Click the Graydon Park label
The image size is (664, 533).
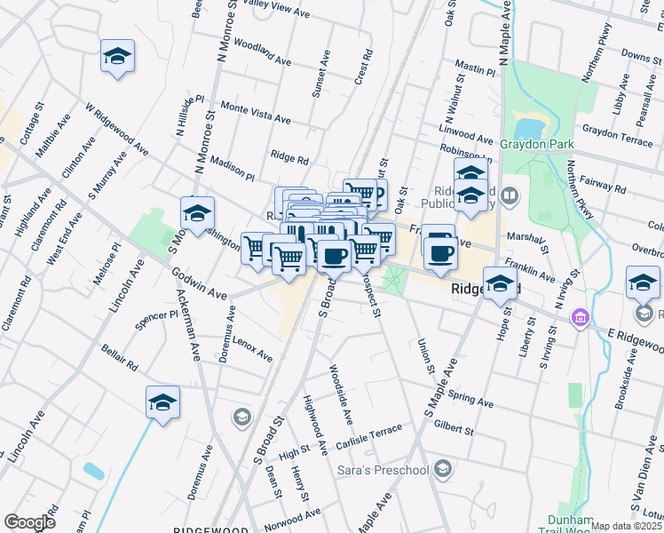coord(537,144)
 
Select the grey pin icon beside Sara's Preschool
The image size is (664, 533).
coord(445,469)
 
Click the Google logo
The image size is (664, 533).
coord(29,521)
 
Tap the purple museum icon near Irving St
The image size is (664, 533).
coord(581,317)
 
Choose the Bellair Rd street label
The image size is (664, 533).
coord(119,358)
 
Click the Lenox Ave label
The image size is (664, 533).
coord(254,351)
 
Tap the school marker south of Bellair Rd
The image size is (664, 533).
coord(163,402)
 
